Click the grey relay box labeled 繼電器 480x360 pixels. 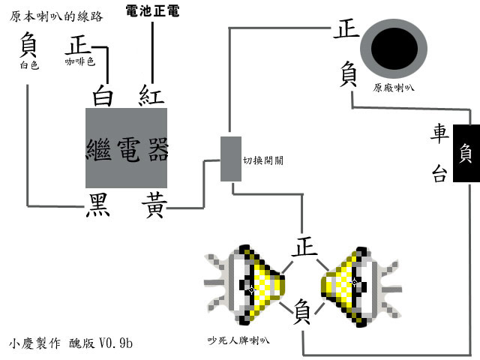[126, 148]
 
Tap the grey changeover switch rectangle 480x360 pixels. [231, 159]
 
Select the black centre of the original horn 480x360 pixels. [394, 48]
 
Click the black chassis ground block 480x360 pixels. [466, 153]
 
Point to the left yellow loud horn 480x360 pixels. [245, 285]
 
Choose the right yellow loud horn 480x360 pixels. [361, 286]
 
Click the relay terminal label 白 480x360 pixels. [103, 95]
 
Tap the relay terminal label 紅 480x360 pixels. [151, 95]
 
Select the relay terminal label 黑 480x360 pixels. [98, 205]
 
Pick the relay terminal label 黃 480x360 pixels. [154, 205]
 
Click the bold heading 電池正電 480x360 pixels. [152, 10]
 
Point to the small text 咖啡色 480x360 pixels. [80, 61]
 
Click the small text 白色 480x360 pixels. [29, 65]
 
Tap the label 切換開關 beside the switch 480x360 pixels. [263, 160]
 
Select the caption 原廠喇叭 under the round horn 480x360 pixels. [393, 88]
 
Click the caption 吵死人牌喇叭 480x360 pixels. [238, 340]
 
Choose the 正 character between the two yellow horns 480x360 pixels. [304, 246]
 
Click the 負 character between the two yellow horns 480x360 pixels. [301, 312]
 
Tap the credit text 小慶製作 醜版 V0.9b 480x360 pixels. [70, 343]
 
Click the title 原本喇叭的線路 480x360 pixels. [56, 16]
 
